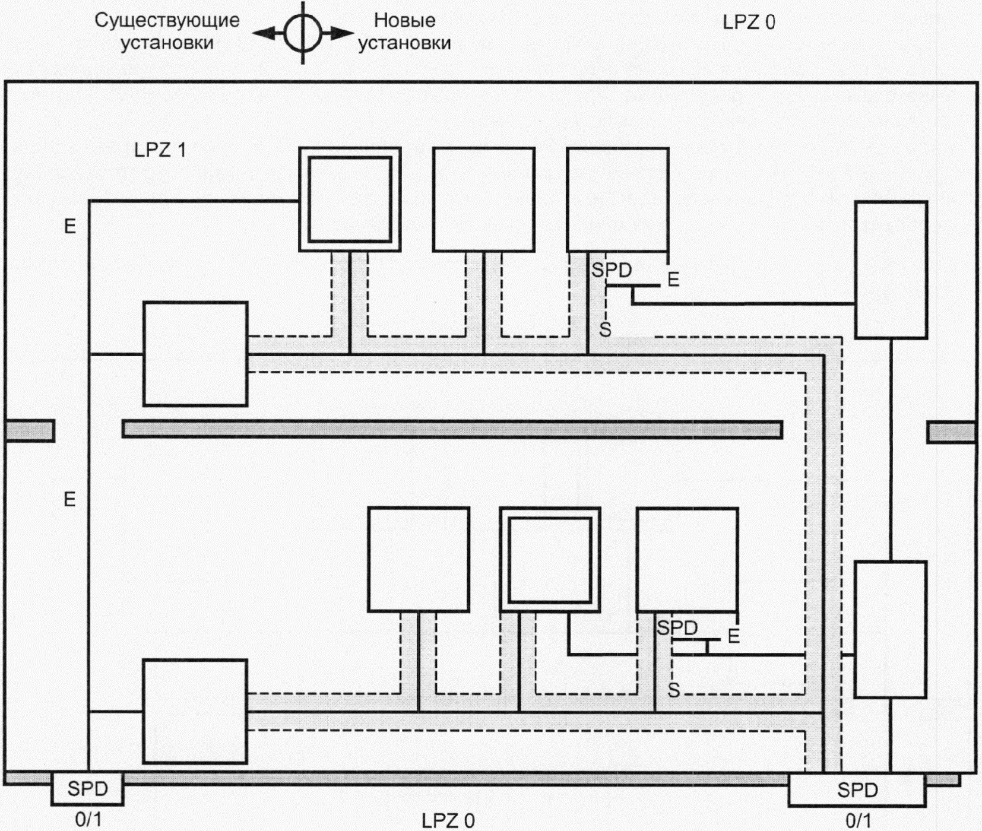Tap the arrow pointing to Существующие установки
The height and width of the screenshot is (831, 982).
click(x=265, y=33)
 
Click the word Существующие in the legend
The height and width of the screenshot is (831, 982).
click(x=167, y=20)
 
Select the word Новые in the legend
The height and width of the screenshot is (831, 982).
click(x=404, y=20)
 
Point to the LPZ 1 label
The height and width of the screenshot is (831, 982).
click(x=160, y=150)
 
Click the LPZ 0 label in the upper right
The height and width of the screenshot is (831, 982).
click(x=749, y=23)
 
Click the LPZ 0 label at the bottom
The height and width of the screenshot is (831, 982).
click(x=448, y=821)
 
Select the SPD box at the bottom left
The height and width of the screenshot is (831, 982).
click(x=87, y=789)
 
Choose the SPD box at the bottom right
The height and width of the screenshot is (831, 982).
click(x=857, y=790)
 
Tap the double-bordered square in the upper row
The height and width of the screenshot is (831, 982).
click(x=350, y=199)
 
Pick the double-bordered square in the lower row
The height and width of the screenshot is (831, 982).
click(x=550, y=559)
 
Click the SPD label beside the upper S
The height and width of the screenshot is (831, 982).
click(x=612, y=270)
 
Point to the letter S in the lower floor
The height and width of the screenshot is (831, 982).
click(x=673, y=690)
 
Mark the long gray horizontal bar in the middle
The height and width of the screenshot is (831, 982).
click(x=452, y=430)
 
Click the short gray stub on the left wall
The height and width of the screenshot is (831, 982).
click(x=30, y=431)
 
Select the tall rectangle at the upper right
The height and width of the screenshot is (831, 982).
click(x=891, y=270)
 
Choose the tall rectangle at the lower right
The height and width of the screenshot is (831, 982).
click(x=890, y=629)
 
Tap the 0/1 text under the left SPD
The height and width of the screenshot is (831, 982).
click(x=88, y=820)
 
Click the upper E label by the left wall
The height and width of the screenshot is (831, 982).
click(x=70, y=226)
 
